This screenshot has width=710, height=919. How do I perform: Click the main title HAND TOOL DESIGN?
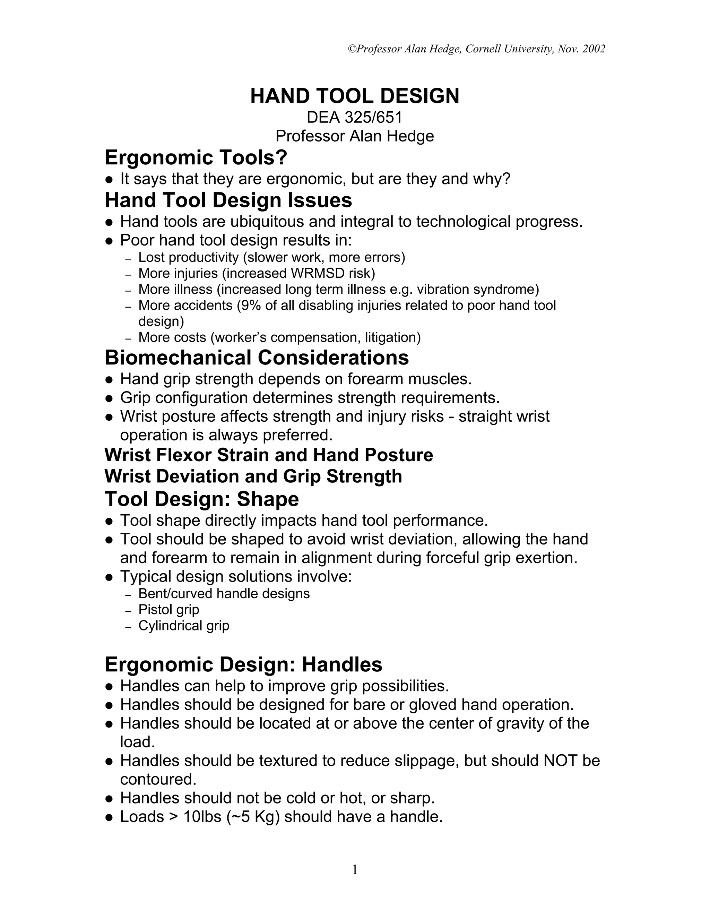pos(355,96)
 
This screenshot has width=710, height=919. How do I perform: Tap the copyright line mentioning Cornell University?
pos(477,49)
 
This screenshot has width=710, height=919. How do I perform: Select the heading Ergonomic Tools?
pos(196,158)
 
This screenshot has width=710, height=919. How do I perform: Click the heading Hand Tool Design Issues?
pos(228,200)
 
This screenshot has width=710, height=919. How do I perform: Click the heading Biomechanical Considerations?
pos(256,358)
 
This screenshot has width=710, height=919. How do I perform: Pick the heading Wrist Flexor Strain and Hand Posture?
pos(268,455)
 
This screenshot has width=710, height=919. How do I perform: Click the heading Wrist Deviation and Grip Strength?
pos(253,476)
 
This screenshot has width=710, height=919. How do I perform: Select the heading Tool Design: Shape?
pos(201,499)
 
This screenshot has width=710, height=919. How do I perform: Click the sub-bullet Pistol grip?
pos(169,610)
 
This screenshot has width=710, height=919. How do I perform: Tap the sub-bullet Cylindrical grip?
pos(184,626)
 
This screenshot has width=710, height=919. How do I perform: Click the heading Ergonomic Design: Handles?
pos(243,665)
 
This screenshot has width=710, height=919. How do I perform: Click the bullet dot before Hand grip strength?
pos(109,380)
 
